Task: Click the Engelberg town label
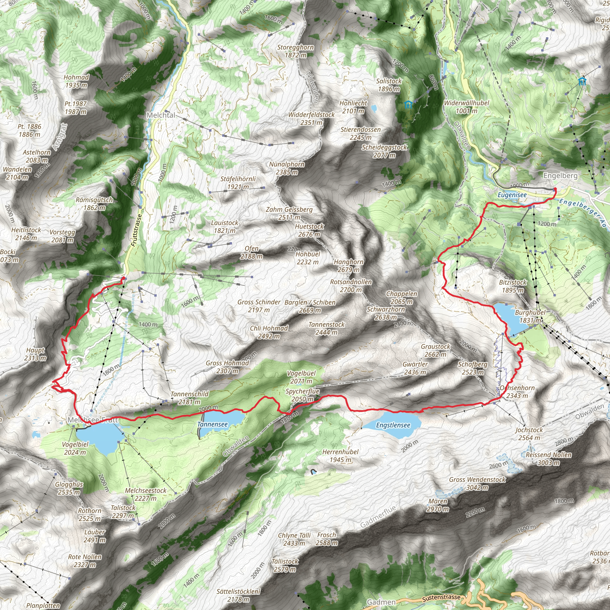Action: pos(560,175)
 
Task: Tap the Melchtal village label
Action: pos(161,115)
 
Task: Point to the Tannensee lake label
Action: pos(212,424)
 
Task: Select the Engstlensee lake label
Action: pos(393,425)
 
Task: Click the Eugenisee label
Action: pos(512,195)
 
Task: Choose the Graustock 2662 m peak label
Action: pos(435,350)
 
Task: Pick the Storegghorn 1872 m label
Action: pos(295,51)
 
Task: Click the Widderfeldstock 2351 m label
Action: pos(311,119)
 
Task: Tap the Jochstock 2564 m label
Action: pos(529,433)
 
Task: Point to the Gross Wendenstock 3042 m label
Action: pos(477,483)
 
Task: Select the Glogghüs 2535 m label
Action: pos(69,488)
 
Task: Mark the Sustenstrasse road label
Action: pos(441,597)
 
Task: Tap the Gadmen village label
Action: pos(381,602)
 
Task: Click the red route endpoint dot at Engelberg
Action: pos(555,189)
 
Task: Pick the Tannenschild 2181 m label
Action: pos(189,398)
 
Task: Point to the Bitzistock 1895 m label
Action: pos(513,286)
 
